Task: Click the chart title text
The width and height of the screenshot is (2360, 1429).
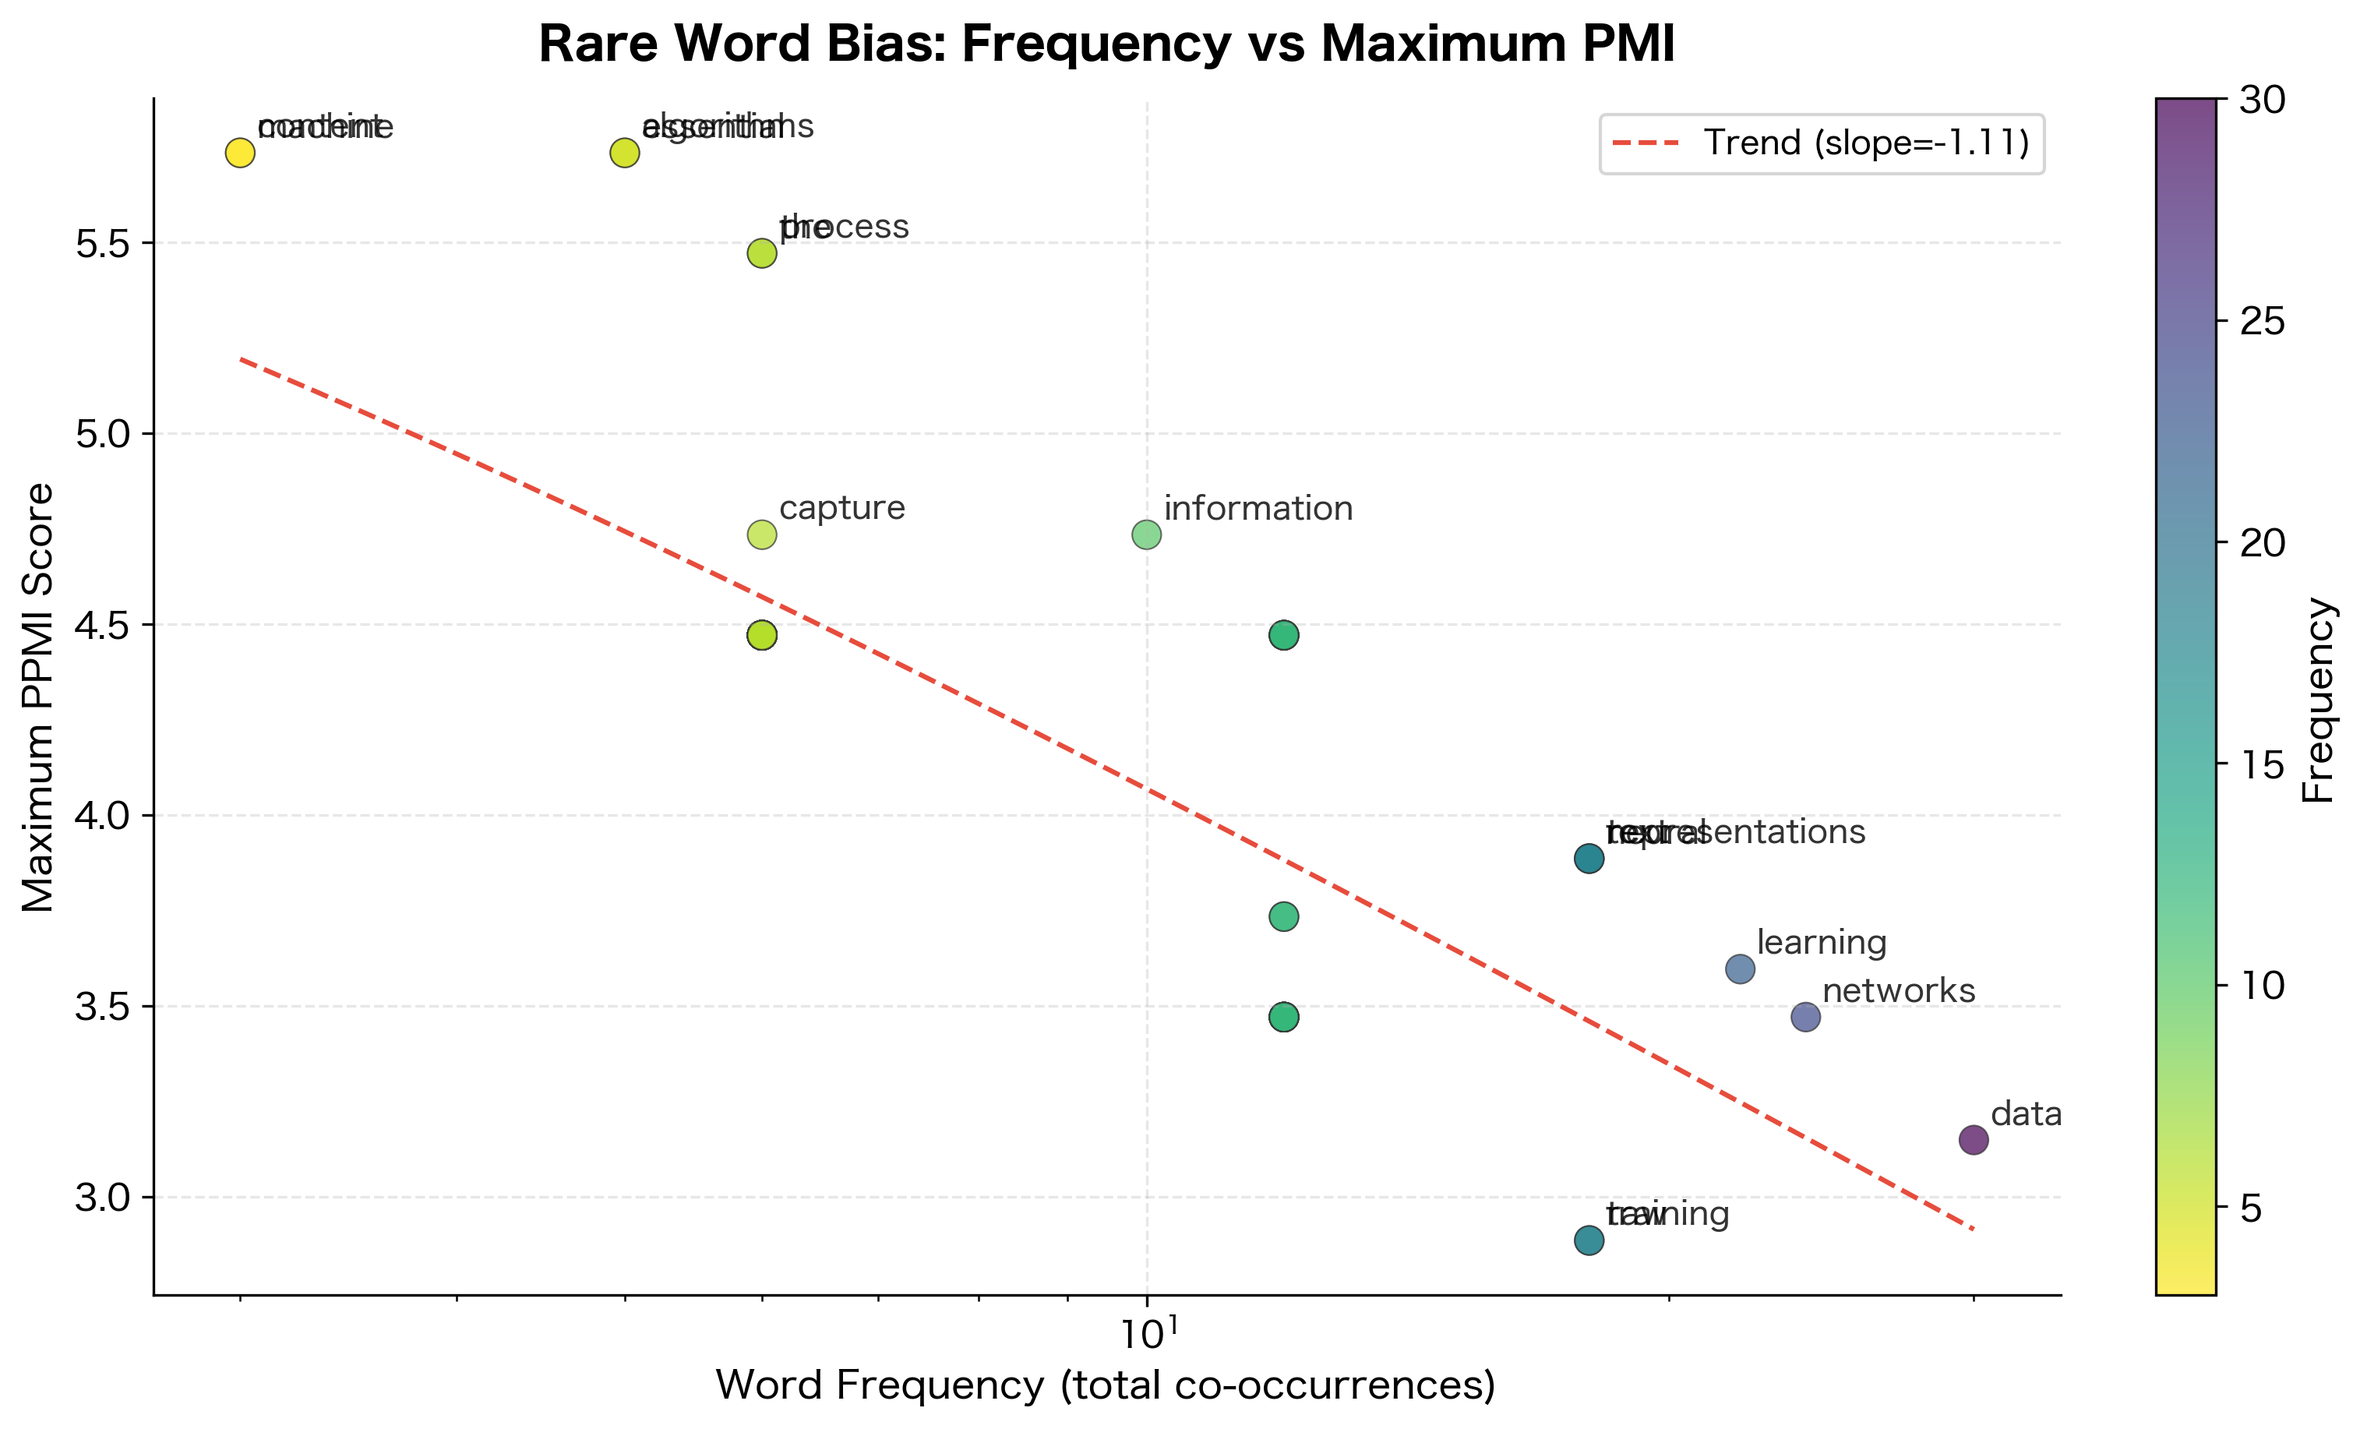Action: tap(1106, 44)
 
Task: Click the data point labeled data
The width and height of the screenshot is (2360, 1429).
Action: tap(1973, 1140)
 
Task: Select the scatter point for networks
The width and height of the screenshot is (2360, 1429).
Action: tap(1805, 1017)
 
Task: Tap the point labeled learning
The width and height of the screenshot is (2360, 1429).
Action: tap(1741, 969)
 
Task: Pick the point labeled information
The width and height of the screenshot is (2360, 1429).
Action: tap(1146, 535)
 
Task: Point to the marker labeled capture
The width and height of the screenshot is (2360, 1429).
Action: tap(761, 535)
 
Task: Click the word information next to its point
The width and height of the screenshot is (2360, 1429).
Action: tap(1258, 509)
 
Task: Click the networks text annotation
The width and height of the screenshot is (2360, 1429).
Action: tap(1898, 990)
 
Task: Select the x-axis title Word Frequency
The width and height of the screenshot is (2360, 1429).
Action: tap(1106, 1385)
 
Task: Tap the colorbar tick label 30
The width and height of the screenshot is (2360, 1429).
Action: tap(2263, 100)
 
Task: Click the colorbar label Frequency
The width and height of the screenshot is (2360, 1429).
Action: tap(2318, 699)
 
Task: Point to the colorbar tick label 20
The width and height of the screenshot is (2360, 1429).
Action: tap(2263, 543)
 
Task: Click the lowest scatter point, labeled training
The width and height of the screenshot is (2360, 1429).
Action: tap(1589, 1240)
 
